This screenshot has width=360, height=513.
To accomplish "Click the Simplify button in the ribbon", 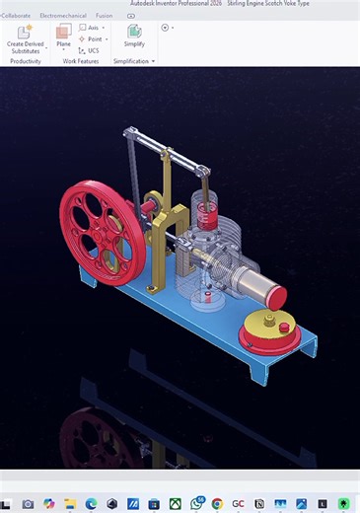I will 134,37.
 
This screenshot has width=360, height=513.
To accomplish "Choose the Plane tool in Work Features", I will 63,37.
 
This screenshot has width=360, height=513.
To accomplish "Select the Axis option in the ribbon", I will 89,28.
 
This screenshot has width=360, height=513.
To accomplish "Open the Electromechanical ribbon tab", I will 63,16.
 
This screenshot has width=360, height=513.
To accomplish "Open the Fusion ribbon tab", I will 104,16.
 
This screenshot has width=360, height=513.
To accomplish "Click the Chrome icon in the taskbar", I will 216,503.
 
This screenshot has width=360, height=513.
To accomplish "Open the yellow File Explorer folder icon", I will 70,503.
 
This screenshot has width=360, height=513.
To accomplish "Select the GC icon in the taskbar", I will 238,503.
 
